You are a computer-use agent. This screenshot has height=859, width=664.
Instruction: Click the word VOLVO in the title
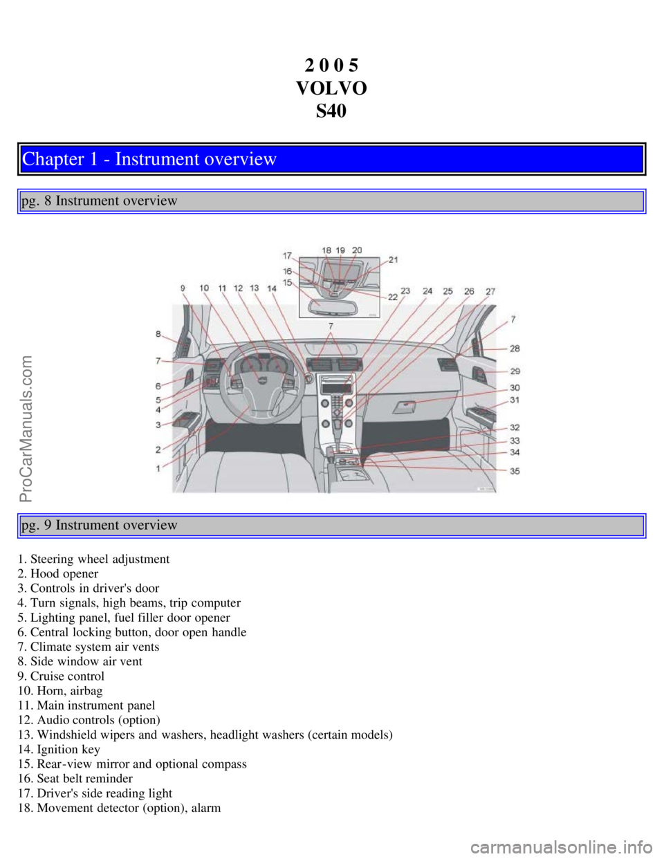331,89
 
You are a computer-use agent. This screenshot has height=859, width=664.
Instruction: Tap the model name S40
331,111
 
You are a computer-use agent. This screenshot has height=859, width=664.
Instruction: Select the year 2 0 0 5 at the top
331,66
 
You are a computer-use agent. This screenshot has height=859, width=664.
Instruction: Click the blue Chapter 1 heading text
149,159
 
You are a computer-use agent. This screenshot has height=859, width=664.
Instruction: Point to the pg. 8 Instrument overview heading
100,201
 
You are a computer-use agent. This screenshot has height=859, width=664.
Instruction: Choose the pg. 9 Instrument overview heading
100,526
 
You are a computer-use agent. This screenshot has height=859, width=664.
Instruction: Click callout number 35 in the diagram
515,471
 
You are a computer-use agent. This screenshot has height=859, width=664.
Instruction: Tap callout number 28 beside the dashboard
515,349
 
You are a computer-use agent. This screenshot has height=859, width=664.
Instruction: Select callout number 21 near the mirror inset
393,260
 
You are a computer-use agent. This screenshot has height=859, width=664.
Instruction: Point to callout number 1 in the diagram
158,468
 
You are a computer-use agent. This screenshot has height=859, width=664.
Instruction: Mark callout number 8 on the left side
158,334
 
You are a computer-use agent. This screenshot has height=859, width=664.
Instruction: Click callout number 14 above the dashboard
272,288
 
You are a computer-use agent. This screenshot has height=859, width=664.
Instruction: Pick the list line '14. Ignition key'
59,750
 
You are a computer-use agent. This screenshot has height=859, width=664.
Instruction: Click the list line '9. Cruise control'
61,676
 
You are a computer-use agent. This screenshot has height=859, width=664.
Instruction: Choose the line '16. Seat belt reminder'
75,779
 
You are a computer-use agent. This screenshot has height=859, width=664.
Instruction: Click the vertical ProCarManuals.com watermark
26,428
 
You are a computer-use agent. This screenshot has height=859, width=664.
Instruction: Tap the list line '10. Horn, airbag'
60,691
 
